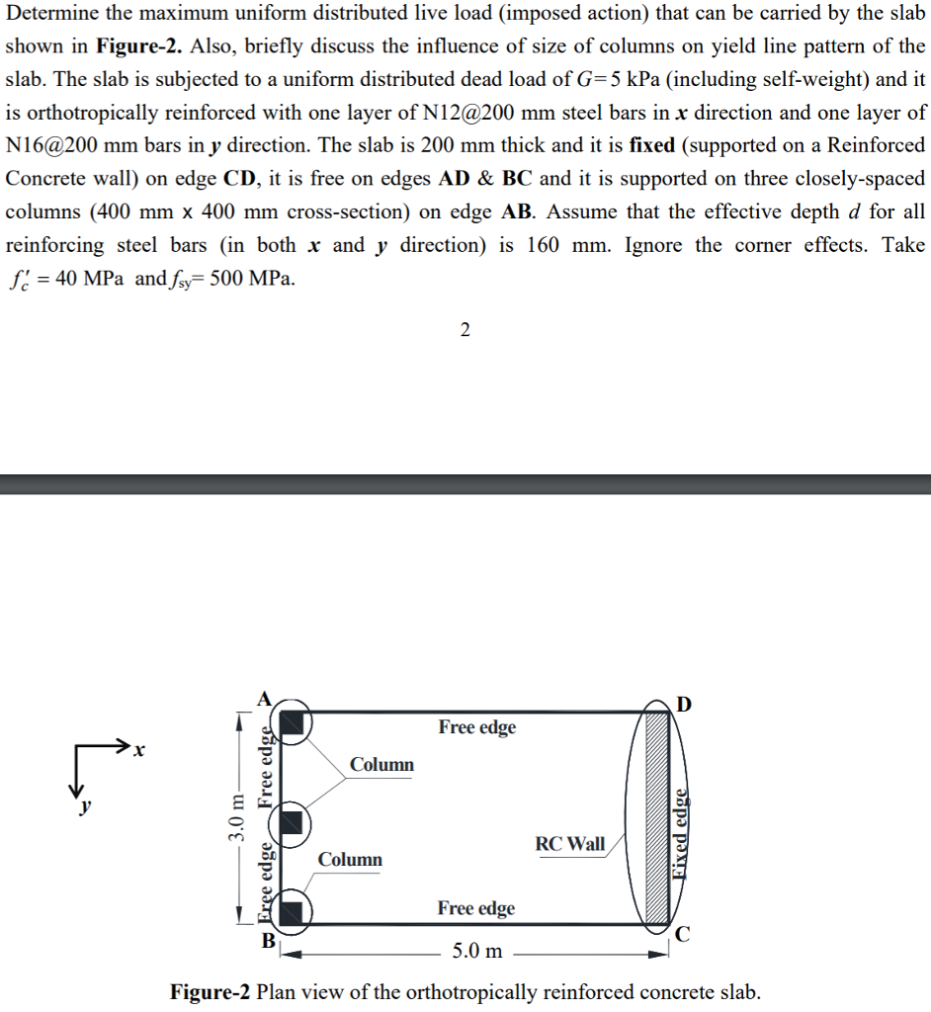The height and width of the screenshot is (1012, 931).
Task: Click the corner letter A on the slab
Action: [x=264, y=697]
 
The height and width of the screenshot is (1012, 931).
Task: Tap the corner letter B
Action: [x=268, y=940]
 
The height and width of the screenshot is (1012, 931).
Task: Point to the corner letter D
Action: [x=684, y=705]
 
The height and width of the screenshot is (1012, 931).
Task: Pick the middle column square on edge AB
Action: [x=293, y=820]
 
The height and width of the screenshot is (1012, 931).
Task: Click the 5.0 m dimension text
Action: [x=476, y=952]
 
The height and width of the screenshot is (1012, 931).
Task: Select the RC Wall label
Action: [x=570, y=844]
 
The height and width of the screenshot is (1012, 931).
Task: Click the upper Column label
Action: [x=381, y=764]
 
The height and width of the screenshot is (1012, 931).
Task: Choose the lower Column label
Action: [x=350, y=859]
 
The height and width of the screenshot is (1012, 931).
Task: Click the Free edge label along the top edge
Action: [x=477, y=727]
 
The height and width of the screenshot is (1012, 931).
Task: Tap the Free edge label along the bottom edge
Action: [x=475, y=908]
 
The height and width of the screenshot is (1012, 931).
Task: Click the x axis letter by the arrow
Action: [x=139, y=753]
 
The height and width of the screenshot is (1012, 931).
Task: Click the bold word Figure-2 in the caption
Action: [x=210, y=991]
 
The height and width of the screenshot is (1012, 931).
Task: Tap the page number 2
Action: [x=465, y=330]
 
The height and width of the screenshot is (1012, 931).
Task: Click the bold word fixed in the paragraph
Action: [x=651, y=145]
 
